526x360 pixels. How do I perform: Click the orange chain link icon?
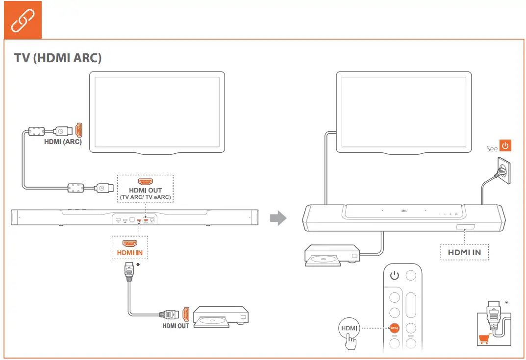point(23,20)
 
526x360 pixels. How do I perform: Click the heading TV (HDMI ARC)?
point(58,58)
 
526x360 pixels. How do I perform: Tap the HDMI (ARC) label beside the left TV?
point(63,142)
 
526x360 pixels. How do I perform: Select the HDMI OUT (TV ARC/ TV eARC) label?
point(145,194)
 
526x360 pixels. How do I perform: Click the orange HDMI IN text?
point(129,253)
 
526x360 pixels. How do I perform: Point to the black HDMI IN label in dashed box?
point(464,253)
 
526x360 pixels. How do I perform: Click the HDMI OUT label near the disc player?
point(175,326)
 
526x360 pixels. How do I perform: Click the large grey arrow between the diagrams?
point(278,218)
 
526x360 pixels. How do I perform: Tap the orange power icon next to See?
point(505,146)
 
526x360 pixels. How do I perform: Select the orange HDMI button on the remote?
point(395,328)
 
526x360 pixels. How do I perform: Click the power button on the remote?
point(395,275)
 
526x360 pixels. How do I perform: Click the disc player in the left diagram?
point(221,317)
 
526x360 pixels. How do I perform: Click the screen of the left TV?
point(157,112)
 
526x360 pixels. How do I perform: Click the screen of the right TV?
point(404,112)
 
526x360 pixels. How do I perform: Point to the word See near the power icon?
point(492,148)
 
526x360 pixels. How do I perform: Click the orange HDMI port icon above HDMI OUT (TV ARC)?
point(145,181)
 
